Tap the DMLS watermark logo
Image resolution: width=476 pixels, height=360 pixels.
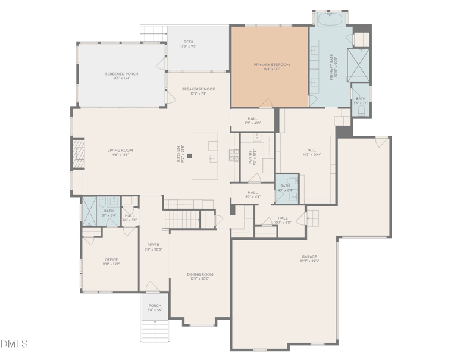(14, 343)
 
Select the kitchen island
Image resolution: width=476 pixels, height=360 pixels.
(205, 155)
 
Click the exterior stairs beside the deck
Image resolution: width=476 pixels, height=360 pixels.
(154, 33)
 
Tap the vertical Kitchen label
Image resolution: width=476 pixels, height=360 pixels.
(177, 155)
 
